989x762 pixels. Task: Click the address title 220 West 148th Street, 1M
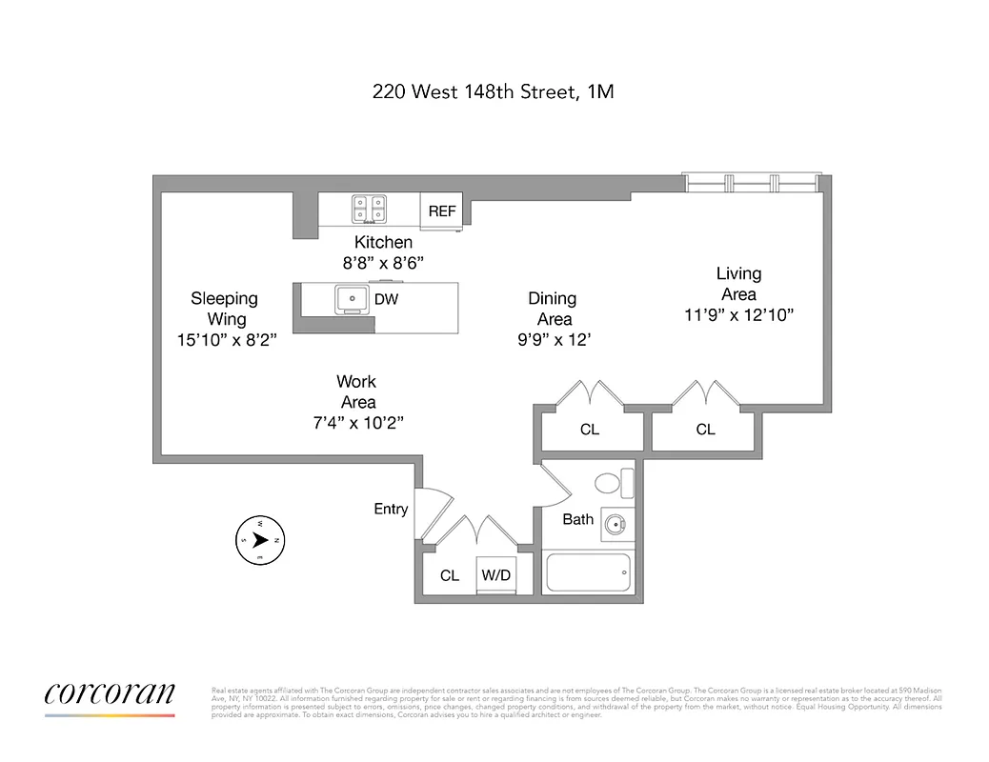[x=493, y=92]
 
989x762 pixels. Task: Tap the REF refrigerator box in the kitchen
[x=442, y=211]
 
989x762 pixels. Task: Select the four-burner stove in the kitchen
[x=370, y=208]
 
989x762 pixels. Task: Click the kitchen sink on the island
[x=352, y=299]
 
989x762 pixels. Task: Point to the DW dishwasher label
[x=386, y=300]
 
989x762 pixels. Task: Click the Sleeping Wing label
[x=224, y=309]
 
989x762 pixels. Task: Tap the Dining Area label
[x=552, y=309]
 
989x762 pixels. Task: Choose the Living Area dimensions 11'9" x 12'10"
[x=738, y=314]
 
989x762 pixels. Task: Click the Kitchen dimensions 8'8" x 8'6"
[x=383, y=262]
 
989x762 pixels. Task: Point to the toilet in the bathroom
[x=614, y=483]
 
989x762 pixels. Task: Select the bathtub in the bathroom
[x=588, y=572]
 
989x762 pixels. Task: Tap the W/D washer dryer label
[x=495, y=575]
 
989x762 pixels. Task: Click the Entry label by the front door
[x=391, y=510]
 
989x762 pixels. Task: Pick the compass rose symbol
[x=260, y=540]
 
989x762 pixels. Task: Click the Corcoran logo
[x=110, y=695]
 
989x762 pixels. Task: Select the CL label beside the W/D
[x=450, y=575]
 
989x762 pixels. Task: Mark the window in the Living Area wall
[x=752, y=183]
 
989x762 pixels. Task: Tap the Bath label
[x=578, y=519]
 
